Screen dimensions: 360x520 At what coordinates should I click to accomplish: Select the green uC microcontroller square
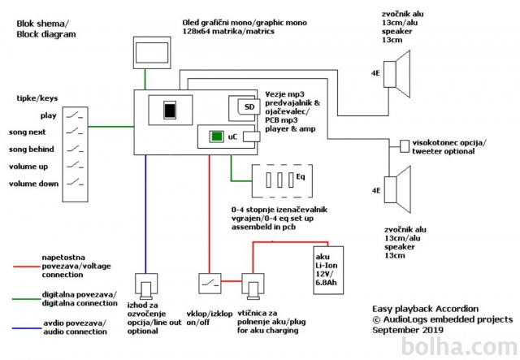click(x=215, y=136)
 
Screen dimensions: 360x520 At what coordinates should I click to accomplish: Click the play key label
click(x=48, y=115)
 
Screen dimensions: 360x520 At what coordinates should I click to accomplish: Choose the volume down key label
click(x=33, y=184)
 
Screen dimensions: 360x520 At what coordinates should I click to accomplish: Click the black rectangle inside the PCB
click(x=169, y=110)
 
